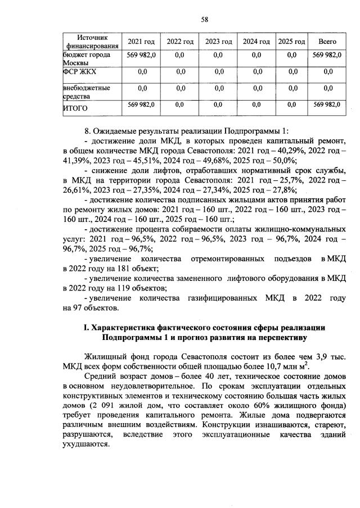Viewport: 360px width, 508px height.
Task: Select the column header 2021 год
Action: (141, 42)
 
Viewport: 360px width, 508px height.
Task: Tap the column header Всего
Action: (327, 42)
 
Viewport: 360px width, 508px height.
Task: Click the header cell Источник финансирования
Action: (92, 41)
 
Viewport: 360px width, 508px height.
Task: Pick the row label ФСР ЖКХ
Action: (78, 71)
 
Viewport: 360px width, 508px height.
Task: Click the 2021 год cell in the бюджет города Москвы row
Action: (142, 55)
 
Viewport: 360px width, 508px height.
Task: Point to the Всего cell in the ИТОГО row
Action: (327, 105)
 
